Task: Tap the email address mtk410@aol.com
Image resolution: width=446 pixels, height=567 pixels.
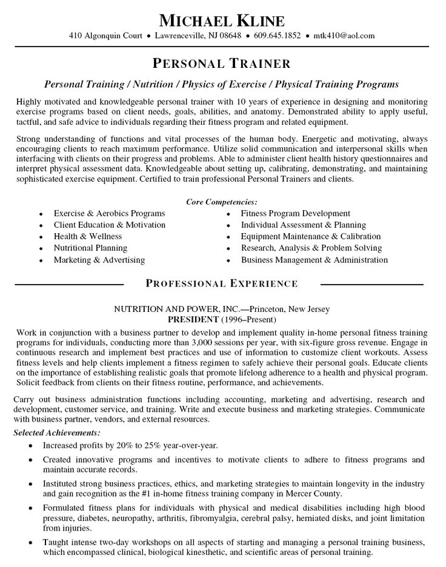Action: click(344, 36)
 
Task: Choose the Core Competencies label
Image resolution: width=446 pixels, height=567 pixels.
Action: click(222, 202)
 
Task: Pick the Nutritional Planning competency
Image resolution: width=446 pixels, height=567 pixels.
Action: click(90, 248)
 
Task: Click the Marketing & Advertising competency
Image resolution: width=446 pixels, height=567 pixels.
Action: click(99, 260)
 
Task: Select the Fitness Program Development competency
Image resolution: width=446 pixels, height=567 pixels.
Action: click(295, 213)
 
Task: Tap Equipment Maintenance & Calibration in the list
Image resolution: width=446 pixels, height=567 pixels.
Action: click(310, 236)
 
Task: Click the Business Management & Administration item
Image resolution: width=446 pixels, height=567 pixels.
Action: click(314, 260)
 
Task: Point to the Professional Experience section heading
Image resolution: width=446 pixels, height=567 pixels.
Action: click(222, 283)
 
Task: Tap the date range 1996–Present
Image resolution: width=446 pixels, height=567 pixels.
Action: click(250, 319)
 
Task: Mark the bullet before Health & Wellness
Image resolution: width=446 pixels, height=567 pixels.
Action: click(40, 237)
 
